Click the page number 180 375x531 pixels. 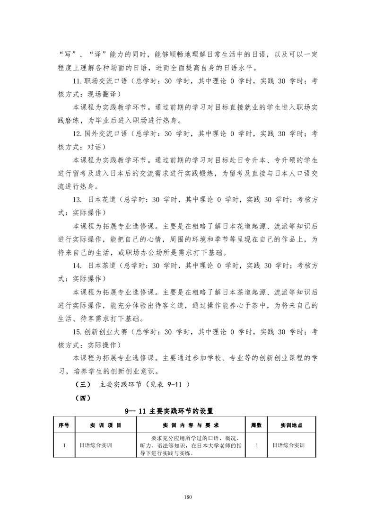click(x=188, y=497)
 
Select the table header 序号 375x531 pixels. click(x=63, y=425)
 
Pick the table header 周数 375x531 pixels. click(x=256, y=425)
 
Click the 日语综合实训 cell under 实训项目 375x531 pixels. click(x=96, y=445)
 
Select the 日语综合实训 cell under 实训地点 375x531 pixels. click(x=288, y=445)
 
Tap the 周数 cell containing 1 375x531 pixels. click(x=256, y=445)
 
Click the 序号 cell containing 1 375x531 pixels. click(x=63, y=445)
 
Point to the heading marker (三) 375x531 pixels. click(x=78, y=384)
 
